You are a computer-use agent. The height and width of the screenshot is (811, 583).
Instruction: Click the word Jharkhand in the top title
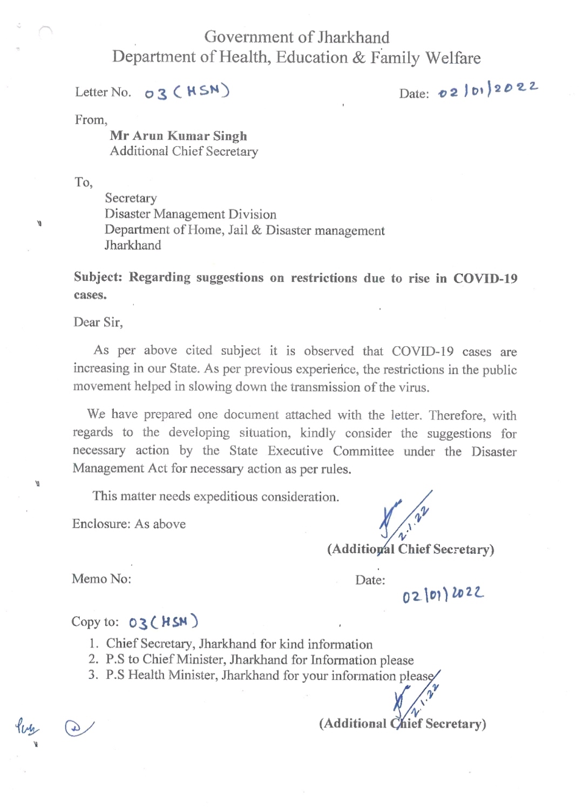[x=353, y=37]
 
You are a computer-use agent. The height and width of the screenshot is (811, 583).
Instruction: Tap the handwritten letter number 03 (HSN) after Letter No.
[x=187, y=92]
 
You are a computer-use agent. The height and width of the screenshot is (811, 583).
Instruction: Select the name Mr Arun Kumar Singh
[x=178, y=136]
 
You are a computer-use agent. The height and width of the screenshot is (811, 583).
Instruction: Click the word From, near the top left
[x=91, y=120]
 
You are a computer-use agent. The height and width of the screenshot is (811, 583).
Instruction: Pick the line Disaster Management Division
[x=190, y=214]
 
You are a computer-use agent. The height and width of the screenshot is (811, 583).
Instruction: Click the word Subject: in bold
[x=98, y=277]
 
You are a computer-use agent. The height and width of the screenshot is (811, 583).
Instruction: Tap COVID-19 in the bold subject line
[x=485, y=278]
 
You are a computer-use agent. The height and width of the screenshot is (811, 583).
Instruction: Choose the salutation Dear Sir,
[x=98, y=322]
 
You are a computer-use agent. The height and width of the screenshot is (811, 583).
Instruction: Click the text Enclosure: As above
[x=128, y=524]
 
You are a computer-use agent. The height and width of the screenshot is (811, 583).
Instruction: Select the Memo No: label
[x=101, y=579]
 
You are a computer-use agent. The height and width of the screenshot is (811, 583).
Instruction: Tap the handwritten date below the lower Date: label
[x=443, y=595]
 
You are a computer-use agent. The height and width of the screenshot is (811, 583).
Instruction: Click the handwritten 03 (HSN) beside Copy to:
[x=163, y=622]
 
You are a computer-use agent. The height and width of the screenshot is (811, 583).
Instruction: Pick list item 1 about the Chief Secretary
[x=239, y=644]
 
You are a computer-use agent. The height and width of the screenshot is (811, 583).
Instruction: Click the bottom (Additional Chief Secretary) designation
[x=402, y=724]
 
